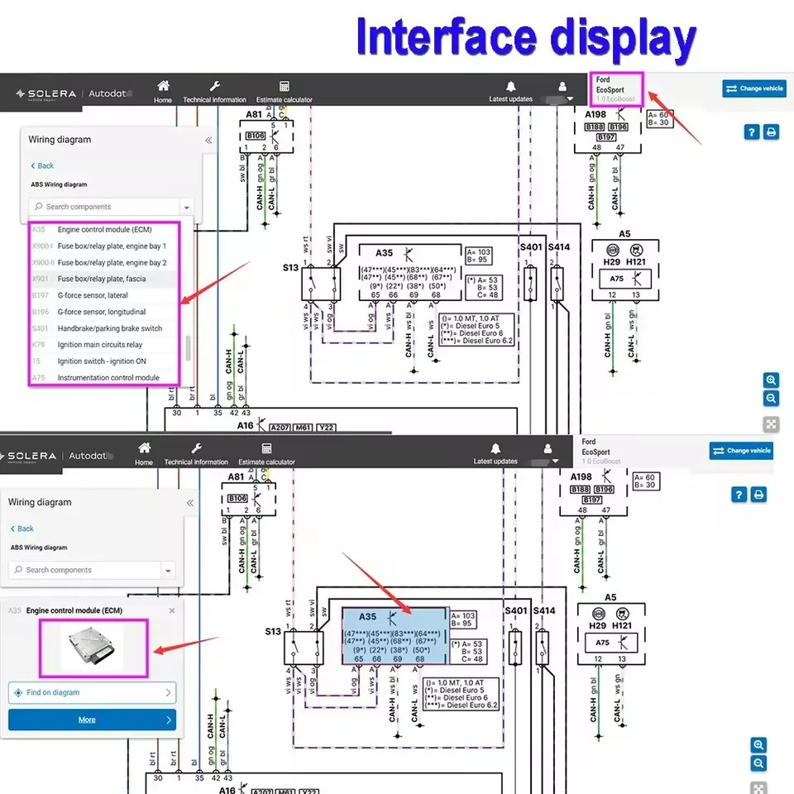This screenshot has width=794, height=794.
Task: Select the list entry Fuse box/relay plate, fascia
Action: click(x=101, y=279)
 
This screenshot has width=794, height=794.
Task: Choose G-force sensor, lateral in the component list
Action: click(x=92, y=295)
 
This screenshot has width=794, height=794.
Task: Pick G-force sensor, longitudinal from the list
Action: click(x=101, y=312)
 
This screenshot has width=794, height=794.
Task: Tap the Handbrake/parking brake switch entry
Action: click(x=109, y=328)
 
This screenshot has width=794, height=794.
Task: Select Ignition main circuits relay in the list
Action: click(x=99, y=345)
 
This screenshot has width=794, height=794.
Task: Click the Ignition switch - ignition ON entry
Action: click(x=101, y=361)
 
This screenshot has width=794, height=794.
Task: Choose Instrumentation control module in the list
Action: click(x=108, y=378)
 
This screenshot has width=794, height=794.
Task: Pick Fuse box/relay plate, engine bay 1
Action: click(x=112, y=246)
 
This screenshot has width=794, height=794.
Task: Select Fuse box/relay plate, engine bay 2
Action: click(x=112, y=262)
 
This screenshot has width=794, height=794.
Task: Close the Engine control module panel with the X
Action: click(x=172, y=610)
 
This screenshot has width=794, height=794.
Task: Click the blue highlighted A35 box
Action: click(x=395, y=636)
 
